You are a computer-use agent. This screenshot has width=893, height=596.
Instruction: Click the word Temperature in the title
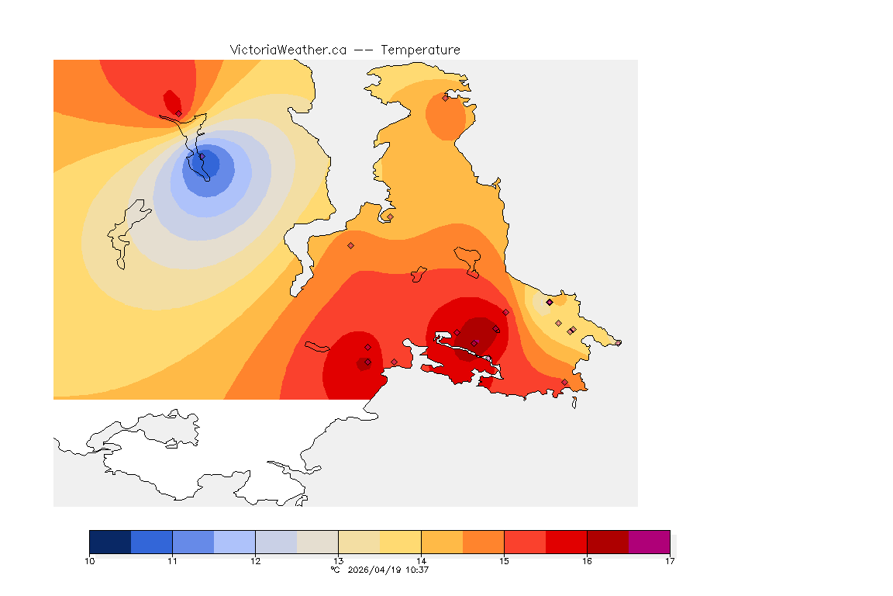[x=420, y=50]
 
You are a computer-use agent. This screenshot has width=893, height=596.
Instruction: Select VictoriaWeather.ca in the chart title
[x=288, y=50]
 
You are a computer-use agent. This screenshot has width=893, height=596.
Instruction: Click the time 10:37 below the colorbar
[x=419, y=570]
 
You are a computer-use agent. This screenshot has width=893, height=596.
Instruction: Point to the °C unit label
[x=335, y=570]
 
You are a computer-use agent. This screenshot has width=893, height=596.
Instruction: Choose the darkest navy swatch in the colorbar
[x=110, y=542]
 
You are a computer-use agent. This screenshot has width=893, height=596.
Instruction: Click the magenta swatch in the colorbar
[x=649, y=542]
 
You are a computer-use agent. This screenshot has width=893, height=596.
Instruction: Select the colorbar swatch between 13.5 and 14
[x=400, y=542]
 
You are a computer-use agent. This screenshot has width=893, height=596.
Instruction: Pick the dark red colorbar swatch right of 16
[x=608, y=542]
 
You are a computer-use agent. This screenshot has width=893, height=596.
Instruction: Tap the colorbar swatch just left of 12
[x=234, y=542]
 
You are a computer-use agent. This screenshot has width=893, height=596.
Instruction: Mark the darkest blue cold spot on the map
[x=208, y=165]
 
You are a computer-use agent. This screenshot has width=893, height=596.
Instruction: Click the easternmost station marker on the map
[x=619, y=343]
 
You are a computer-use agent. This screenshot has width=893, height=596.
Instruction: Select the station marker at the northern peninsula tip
[x=446, y=98]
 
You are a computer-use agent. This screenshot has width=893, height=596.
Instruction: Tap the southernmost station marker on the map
[x=564, y=382]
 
